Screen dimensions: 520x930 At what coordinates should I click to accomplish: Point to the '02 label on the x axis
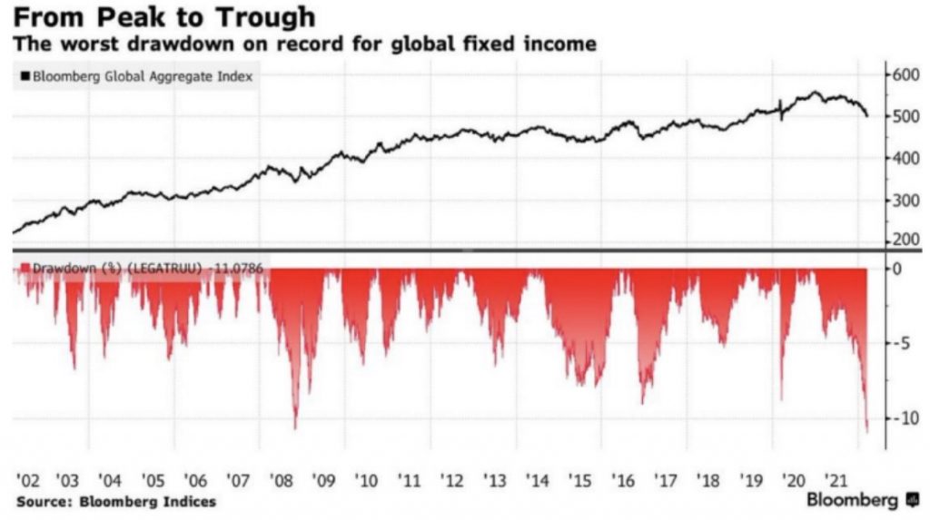[x=27, y=478]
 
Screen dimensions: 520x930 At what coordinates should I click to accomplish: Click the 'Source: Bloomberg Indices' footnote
[x=116, y=501]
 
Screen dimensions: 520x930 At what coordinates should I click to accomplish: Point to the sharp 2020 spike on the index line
[x=781, y=103]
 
